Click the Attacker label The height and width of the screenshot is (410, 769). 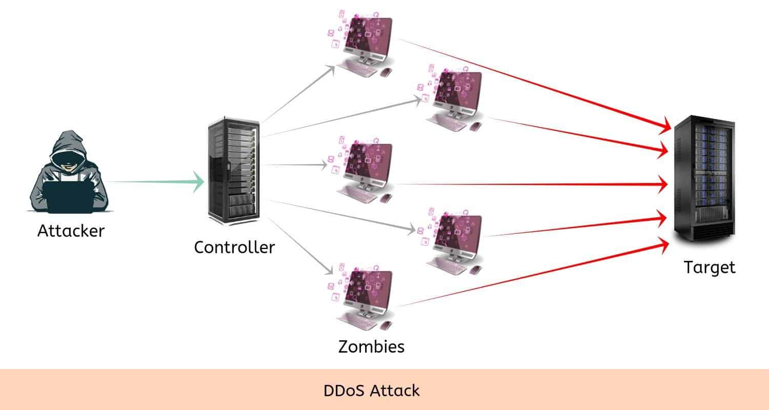pyautogui.click(x=71, y=231)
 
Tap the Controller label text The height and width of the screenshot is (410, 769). pyautogui.click(x=234, y=247)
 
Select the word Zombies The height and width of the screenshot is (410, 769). pyautogui.click(x=371, y=346)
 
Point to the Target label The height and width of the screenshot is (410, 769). pyautogui.click(x=710, y=267)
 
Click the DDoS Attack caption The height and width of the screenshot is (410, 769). pyautogui.click(x=371, y=391)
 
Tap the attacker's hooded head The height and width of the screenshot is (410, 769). pyautogui.click(x=68, y=149)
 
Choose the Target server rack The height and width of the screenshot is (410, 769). pyautogui.click(x=704, y=178)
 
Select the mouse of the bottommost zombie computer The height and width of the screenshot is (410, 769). pyautogui.click(x=386, y=324)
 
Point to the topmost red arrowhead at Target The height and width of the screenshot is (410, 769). pyautogui.click(x=665, y=126)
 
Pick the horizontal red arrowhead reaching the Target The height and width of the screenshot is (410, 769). pyautogui.click(x=665, y=183)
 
